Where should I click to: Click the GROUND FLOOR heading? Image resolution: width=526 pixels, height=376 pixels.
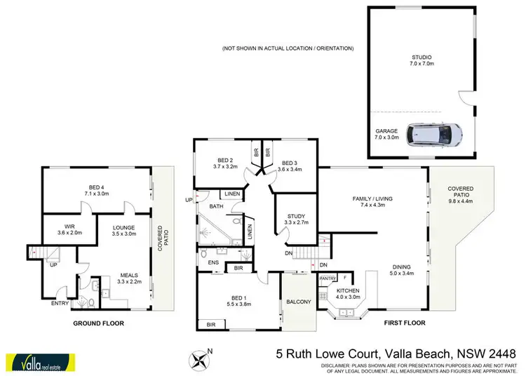point(99,324)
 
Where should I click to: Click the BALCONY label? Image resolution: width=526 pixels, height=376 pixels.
point(298,303)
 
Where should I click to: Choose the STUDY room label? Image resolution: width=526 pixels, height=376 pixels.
point(290,217)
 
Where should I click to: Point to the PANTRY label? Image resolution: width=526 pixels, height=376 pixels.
point(328,278)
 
